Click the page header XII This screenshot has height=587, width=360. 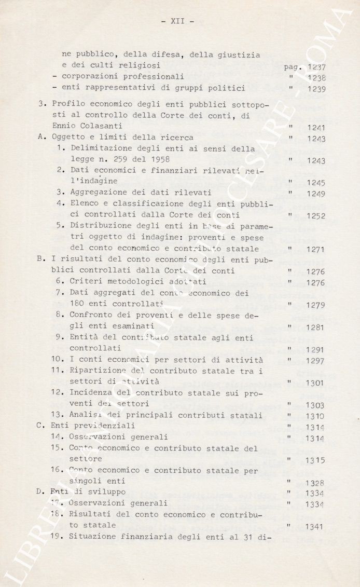(178, 21)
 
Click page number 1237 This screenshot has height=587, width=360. (316, 67)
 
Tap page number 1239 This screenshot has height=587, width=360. (316, 89)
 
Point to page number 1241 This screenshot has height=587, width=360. (316, 128)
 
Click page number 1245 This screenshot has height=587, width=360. (316, 183)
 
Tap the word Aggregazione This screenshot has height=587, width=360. (96, 192)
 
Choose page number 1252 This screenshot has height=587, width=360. (316, 216)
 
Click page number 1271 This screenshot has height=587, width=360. (316, 250)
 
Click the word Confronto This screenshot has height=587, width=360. (91, 315)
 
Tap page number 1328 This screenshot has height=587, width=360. (316, 483)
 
